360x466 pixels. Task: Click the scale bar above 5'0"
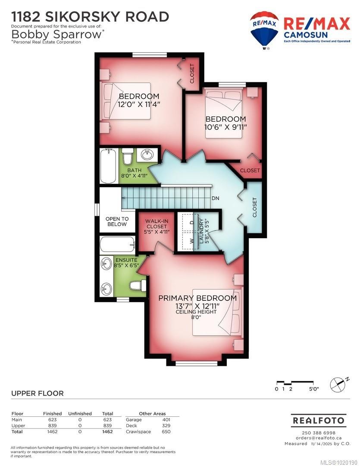point(297,383)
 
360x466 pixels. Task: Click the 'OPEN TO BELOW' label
point(117,221)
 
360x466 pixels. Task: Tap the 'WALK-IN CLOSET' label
point(157,226)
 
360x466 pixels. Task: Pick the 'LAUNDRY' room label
point(201,230)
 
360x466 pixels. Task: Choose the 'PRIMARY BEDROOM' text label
point(197,298)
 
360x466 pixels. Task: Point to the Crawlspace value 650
point(166,431)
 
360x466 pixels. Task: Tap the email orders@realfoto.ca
point(317,438)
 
